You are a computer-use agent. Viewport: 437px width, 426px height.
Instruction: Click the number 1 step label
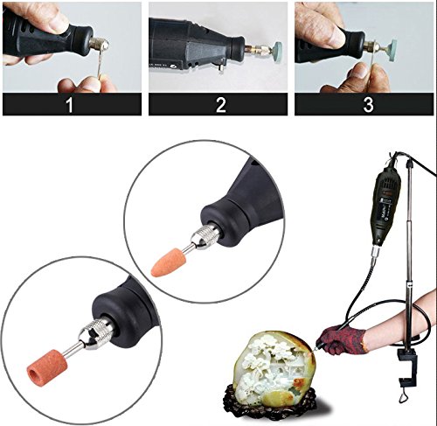[x=69, y=105]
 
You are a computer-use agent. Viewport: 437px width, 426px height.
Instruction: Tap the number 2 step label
[x=220, y=105]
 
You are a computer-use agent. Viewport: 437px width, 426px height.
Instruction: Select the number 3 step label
[x=368, y=105]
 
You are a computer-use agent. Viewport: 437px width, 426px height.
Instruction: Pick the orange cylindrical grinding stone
[x=47, y=366]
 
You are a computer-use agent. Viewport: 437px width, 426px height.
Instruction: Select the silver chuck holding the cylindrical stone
[x=95, y=334]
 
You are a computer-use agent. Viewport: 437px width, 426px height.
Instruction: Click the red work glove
[x=341, y=339]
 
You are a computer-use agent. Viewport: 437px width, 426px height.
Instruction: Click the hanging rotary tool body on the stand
[x=389, y=204]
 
